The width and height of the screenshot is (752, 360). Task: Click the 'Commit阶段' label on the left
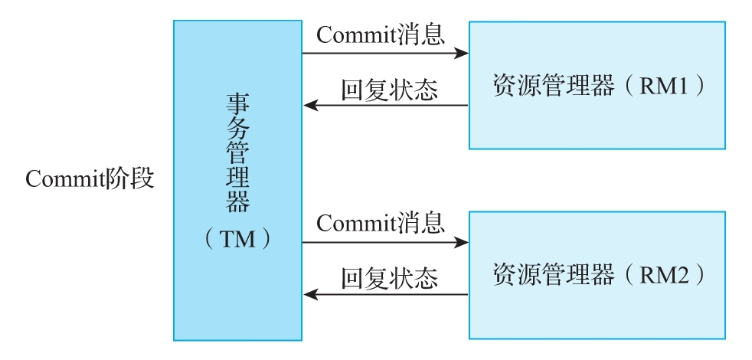coord(90,178)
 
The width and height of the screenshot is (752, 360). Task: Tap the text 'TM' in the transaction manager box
coord(238,238)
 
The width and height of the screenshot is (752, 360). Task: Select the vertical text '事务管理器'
coord(238,152)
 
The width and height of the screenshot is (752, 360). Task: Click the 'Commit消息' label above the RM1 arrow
coord(381,34)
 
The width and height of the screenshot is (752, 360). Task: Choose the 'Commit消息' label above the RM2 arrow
coord(381,223)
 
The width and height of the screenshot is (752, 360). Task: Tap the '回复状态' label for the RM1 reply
coord(390,90)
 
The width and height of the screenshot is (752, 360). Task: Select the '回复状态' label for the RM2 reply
coord(390,278)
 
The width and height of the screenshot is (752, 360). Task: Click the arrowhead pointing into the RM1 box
coord(461,53)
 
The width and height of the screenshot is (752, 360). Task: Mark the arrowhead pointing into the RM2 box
coord(461,242)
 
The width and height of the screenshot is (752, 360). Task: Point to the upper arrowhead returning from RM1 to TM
coord(310,105)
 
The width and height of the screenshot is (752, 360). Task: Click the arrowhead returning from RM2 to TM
coord(310,294)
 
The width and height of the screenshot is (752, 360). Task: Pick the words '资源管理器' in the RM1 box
coord(554,87)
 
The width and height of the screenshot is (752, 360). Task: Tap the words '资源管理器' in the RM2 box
coord(554,275)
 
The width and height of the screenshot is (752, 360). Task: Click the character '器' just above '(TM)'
coord(238,201)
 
